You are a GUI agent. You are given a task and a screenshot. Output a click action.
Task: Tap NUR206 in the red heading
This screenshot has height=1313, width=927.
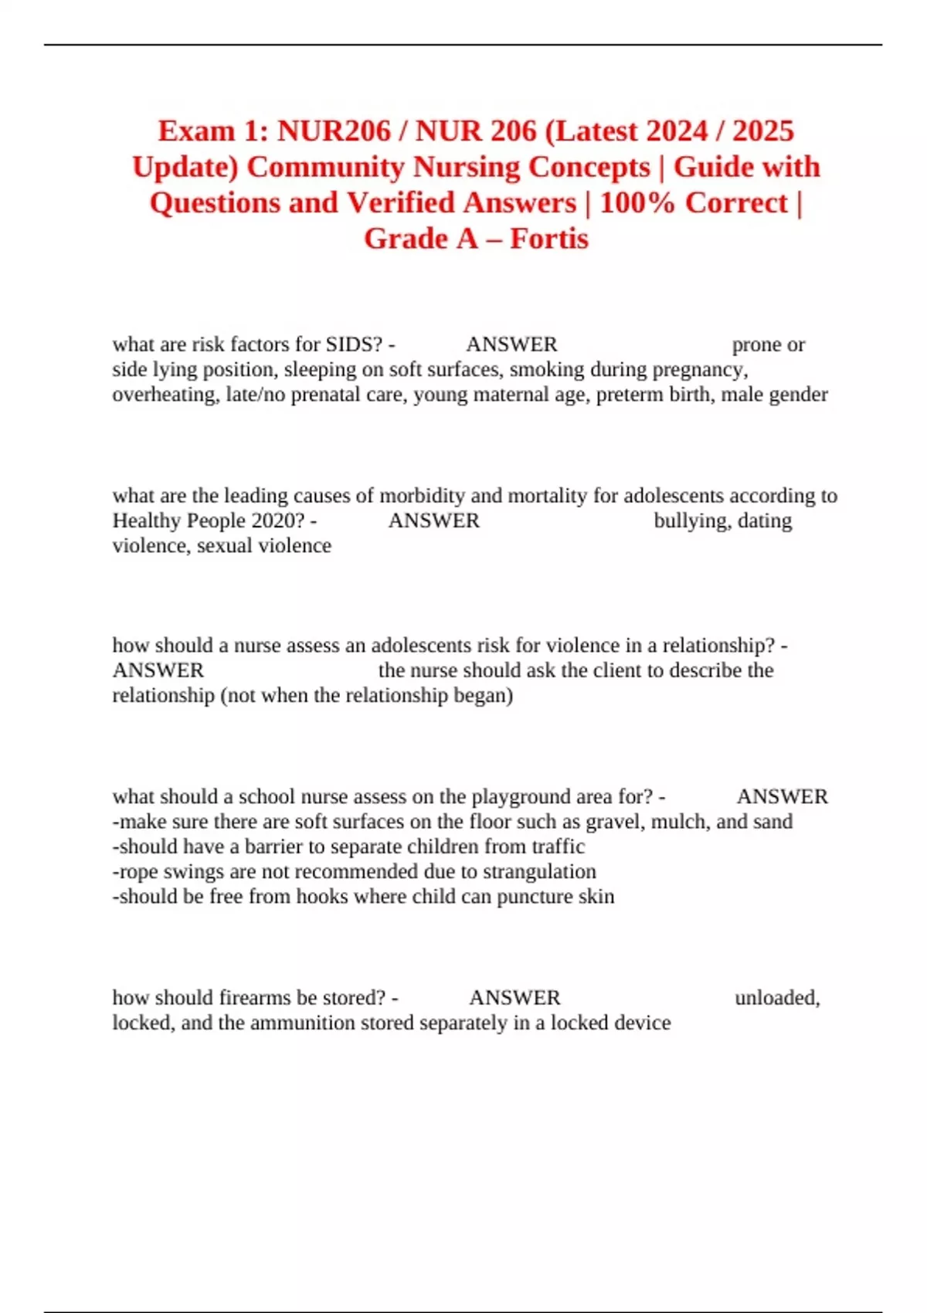pyautogui.click(x=334, y=131)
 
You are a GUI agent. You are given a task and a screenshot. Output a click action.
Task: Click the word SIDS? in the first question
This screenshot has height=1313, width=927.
pyautogui.click(x=355, y=344)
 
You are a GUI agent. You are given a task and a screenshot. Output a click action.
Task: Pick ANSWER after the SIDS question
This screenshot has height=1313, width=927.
pyautogui.click(x=511, y=344)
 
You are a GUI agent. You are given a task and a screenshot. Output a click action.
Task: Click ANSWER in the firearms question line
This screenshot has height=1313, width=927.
pyautogui.click(x=514, y=998)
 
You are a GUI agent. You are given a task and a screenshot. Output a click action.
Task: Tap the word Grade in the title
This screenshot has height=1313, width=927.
pyautogui.click(x=406, y=239)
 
